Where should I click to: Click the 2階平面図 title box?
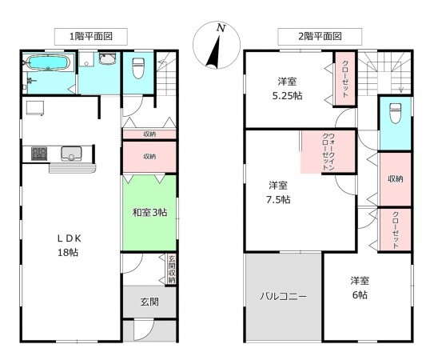click(x=309, y=36)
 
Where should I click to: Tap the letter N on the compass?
click(x=221, y=28)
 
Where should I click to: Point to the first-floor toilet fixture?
click(x=137, y=67)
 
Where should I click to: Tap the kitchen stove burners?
click(x=40, y=153)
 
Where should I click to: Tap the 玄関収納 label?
click(x=171, y=269)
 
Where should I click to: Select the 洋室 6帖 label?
click(x=359, y=287)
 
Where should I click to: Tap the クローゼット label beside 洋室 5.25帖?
click(x=346, y=78)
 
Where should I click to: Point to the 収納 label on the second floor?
click(x=394, y=178)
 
